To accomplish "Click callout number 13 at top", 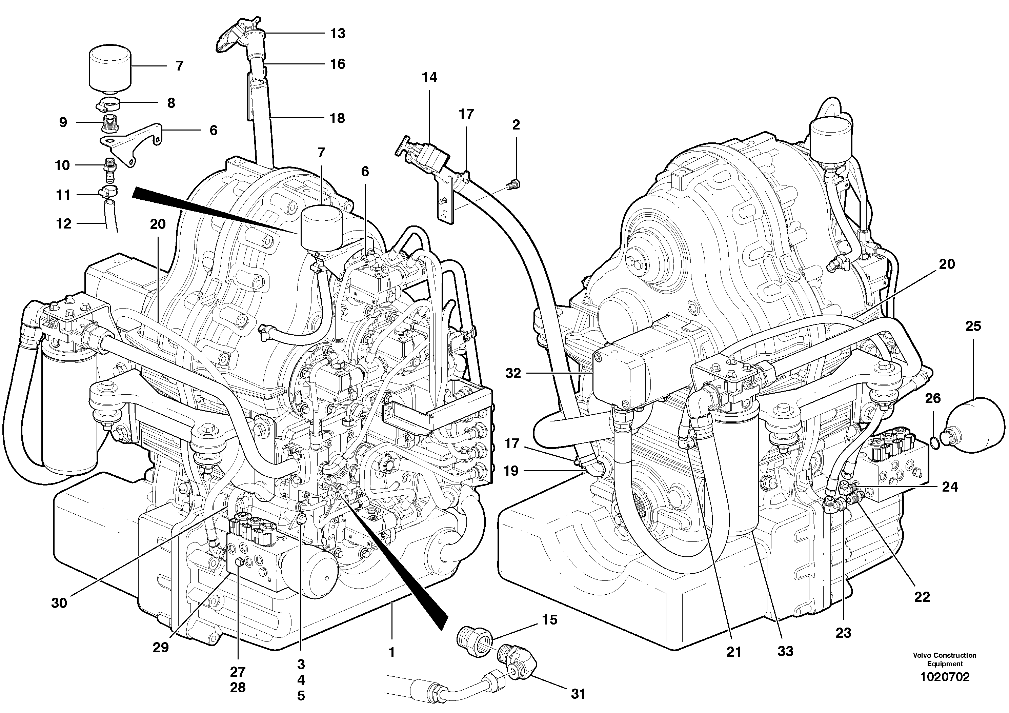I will [338, 34].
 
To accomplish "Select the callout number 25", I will [973, 326].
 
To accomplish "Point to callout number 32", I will [513, 373].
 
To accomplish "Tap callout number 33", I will [785, 651].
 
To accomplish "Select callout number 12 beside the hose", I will [63, 224].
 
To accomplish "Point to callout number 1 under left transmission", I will [391, 652].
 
